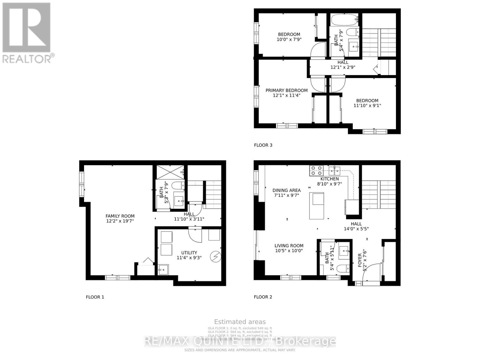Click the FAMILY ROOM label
click(x=120, y=216)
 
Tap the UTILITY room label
click(x=189, y=253)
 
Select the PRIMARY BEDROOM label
click(x=286, y=90)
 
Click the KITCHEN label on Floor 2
click(x=330, y=179)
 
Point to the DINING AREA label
click(x=286, y=190)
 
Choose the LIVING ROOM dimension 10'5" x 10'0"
click(x=289, y=250)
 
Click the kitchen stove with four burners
click(x=316, y=170)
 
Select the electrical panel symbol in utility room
click(x=216, y=256)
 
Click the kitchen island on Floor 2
click(x=317, y=206)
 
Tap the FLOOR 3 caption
click(x=263, y=145)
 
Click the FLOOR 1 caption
click(x=95, y=297)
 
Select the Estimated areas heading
click(x=240, y=322)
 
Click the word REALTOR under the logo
click(x=27, y=58)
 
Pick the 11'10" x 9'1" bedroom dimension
click(x=367, y=106)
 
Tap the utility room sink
click(x=163, y=270)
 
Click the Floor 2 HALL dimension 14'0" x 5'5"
click(x=356, y=229)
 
